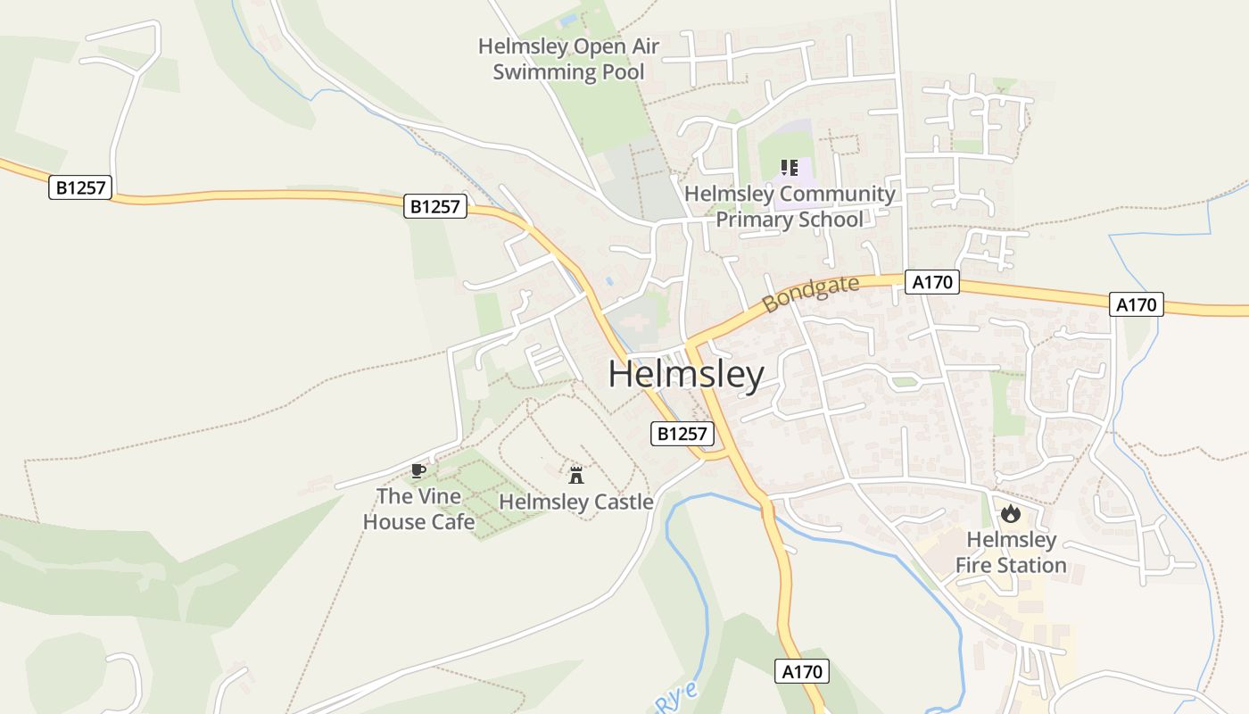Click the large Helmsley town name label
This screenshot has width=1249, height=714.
[x=686, y=375]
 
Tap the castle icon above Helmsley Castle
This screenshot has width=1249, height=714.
[x=576, y=474]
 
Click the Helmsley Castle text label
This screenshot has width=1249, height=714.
[x=576, y=502]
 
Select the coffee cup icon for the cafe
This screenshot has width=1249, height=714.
[x=418, y=470]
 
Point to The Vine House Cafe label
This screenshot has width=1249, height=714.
[x=418, y=509]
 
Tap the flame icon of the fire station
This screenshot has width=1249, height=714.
[x=1010, y=513]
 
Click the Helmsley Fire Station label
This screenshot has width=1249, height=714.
[x=1011, y=552]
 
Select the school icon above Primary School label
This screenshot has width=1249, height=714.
[x=789, y=167]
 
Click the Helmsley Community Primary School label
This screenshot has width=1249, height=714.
[x=790, y=206]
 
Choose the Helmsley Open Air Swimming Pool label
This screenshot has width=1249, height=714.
[x=569, y=59]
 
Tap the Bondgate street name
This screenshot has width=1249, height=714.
[x=811, y=294]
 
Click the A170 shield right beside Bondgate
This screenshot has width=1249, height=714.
[x=932, y=283]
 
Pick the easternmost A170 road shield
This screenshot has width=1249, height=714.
[x=1137, y=304]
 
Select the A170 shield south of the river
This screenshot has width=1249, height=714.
[x=801, y=671]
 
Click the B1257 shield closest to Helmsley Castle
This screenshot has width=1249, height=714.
[x=683, y=435]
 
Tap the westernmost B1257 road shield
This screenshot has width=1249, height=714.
[x=80, y=187]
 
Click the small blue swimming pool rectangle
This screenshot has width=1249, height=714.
[x=568, y=20]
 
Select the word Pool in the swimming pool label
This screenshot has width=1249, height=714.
[x=623, y=72]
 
